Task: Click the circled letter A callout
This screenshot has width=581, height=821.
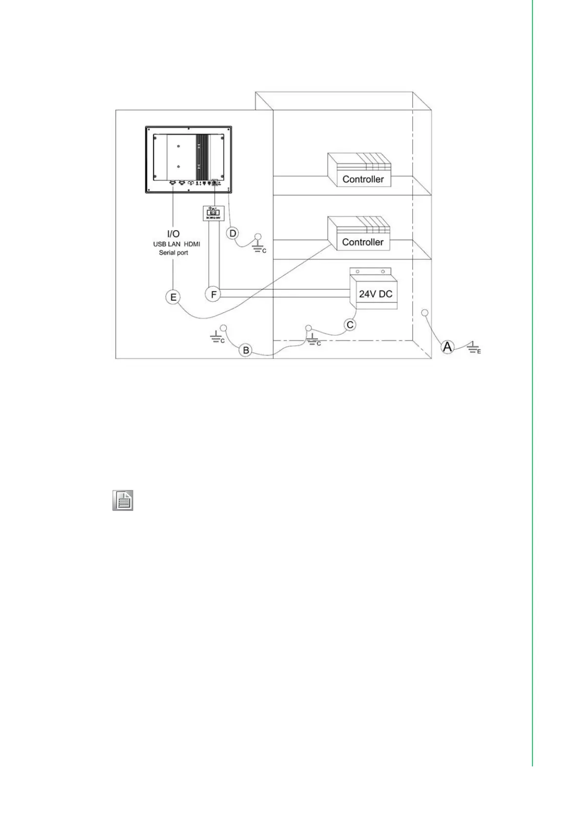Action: [x=447, y=347]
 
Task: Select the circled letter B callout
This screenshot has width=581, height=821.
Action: [x=246, y=350]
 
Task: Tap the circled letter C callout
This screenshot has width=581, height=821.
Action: [x=350, y=325]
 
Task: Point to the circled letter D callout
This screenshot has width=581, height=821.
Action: [x=233, y=234]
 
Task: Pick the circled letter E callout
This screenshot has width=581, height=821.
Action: [x=173, y=297]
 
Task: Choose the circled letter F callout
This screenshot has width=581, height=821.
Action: [x=213, y=294]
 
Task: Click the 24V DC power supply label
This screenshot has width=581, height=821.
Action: [x=376, y=294]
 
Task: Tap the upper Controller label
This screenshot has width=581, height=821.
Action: [x=363, y=179]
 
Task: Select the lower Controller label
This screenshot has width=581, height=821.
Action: [x=362, y=242]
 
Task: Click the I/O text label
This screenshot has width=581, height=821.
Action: [x=173, y=234]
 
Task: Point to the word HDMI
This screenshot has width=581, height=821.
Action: [x=192, y=244]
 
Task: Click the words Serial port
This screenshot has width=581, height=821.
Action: [x=173, y=253]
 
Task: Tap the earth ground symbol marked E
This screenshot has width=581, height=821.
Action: [x=472, y=347]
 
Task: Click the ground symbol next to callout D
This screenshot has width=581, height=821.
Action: [x=258, y=246]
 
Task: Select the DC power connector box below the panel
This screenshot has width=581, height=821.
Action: [x=213, y=213]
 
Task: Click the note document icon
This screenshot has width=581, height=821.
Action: [x=123, y=501]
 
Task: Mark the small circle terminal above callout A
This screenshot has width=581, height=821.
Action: [x=424, y=312]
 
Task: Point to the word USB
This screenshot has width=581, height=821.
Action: [x=160, y=244]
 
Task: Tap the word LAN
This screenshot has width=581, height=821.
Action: [x=174, y=244]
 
